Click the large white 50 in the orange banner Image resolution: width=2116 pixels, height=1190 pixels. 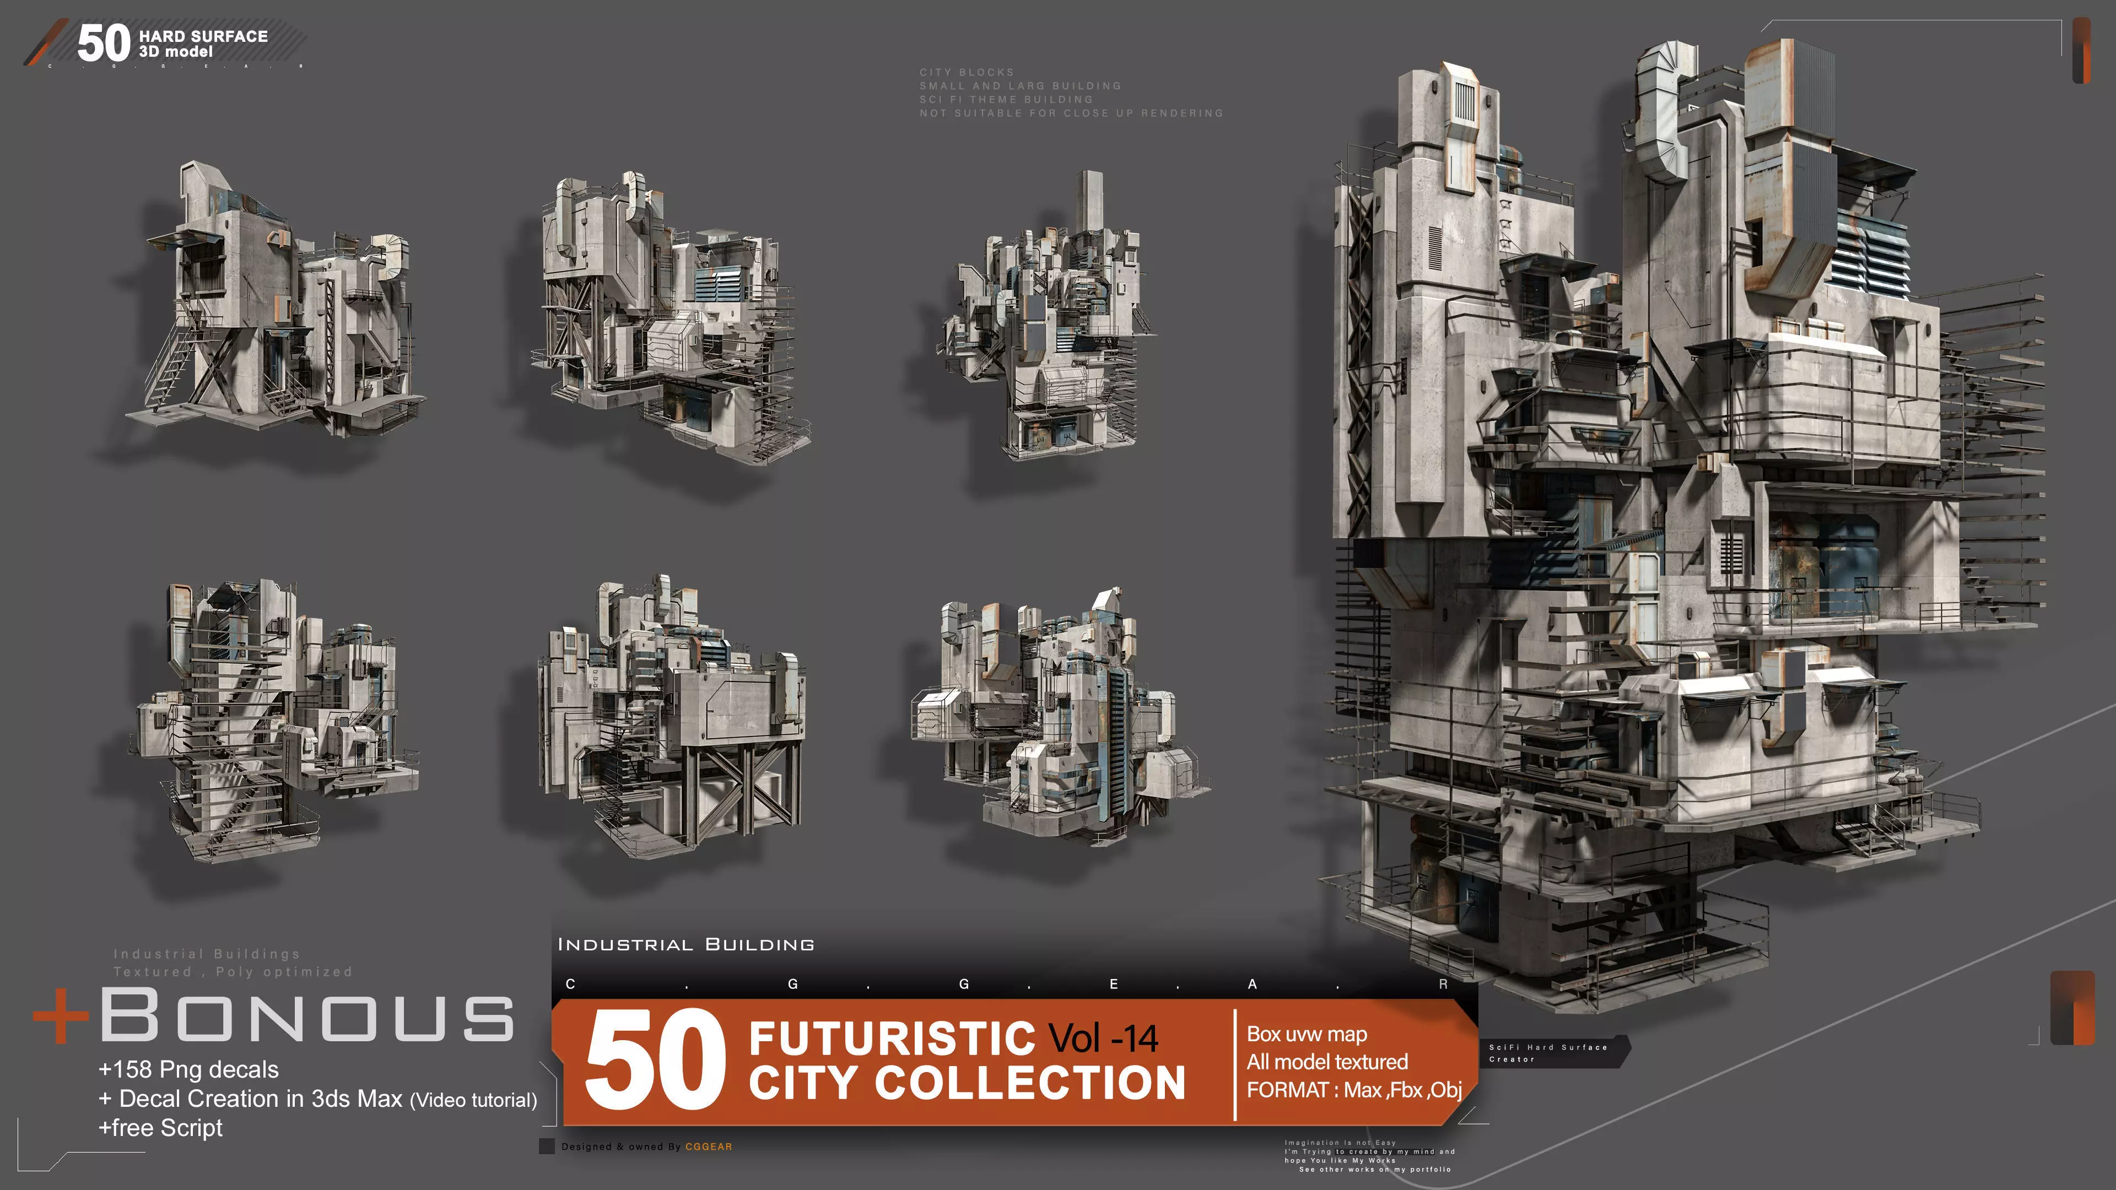pos(655,1060)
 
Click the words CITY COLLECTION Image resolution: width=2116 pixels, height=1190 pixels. pos(967,1083)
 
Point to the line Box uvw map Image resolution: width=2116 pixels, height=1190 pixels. pos(1306,1034)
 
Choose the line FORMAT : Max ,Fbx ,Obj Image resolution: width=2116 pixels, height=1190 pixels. pos(1354,1090)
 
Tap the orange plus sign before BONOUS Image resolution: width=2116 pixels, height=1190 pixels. pos(61,1016)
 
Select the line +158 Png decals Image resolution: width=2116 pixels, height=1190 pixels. pos(188,1069)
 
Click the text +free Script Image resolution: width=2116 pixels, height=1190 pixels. pos(160,1128)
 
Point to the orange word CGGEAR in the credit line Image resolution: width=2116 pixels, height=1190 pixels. pos(708,1146)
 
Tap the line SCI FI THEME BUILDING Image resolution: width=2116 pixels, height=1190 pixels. pos(1006,99)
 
